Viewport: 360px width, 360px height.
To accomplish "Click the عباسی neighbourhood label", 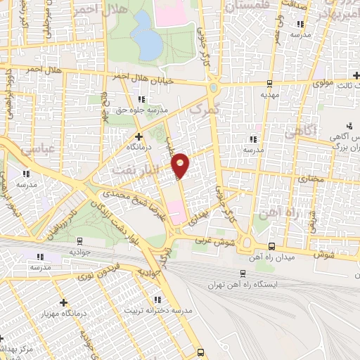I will (x=17, y=150).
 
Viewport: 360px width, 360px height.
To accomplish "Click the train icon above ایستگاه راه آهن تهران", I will (x=242, y=274).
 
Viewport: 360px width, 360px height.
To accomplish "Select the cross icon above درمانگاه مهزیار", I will (x=63, y=301).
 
